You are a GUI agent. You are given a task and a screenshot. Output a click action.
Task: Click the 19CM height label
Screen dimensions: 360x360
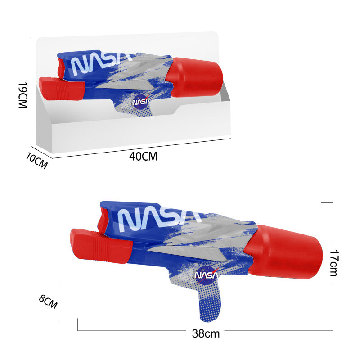point(23,95)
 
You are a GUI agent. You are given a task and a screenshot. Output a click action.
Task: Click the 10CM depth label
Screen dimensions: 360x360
point(37,160)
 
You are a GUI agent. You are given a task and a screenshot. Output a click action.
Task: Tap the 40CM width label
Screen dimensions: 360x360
point(143,157)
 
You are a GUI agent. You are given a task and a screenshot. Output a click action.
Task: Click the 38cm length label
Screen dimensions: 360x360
point(206,333)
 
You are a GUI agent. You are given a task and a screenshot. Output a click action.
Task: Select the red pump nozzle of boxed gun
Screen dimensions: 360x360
point(61,89)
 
